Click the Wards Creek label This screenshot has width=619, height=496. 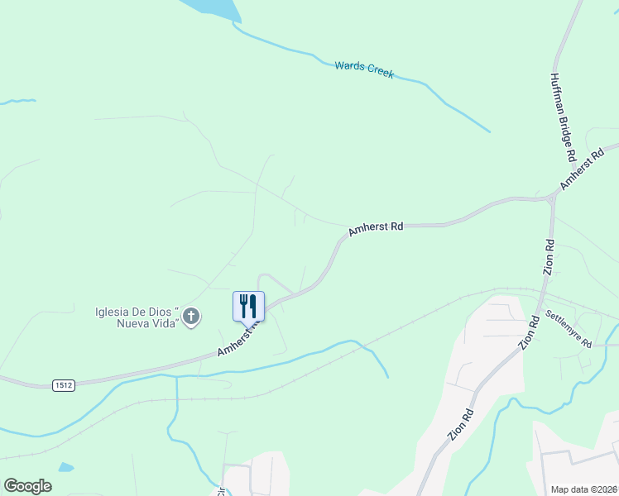click(364, 69)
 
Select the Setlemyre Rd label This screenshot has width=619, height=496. click(569, 329)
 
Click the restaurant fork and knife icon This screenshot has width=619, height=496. click(249, 306)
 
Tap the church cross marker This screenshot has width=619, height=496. click(191, 317)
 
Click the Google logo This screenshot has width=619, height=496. click(27, 485)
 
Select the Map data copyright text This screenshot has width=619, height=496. click(583, 489)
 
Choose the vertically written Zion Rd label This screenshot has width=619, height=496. click(548, 257)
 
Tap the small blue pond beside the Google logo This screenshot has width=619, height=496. click(65, 468)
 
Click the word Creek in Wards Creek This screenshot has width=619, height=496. click(381, 73)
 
